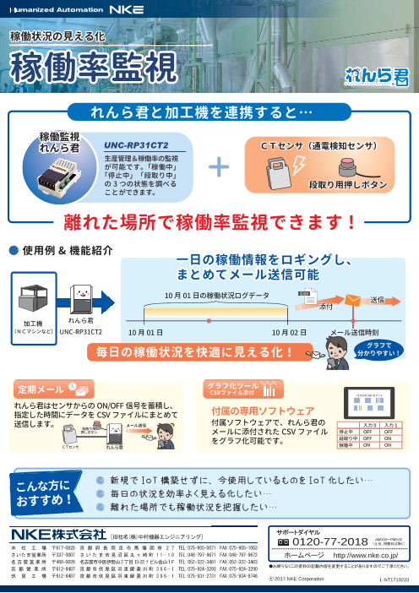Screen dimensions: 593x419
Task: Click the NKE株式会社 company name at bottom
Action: coord(56,534)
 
